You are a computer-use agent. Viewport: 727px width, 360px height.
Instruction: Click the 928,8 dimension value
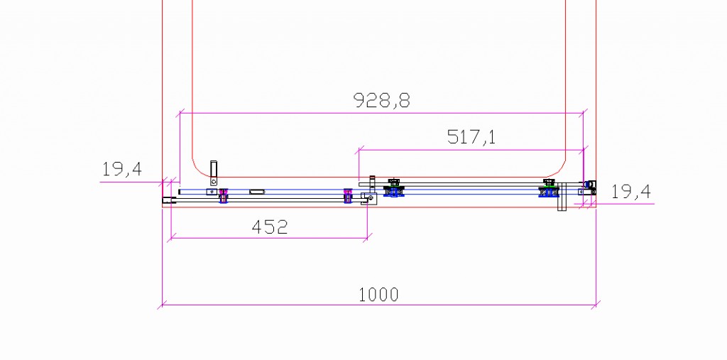[x=381, y=99]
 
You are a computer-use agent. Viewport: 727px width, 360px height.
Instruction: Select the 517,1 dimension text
[x=471, y=137]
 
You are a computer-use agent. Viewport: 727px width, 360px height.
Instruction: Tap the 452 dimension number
[x=269, y=227]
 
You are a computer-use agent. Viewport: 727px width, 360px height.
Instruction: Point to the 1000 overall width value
[x=378, y=295]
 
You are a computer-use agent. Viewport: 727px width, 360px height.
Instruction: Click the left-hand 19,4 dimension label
[x=122, y=169]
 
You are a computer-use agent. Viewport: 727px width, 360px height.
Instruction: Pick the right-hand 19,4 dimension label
[x=631, y=191]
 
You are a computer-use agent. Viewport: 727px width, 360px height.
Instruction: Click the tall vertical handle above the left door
[x=213, y=173]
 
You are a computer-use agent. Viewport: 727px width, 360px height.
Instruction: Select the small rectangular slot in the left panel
[x=257, y=192]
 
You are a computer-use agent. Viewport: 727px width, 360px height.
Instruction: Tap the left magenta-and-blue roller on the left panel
[x=224, y=195]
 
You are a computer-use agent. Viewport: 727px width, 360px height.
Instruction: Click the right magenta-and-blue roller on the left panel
[x=348, y=195]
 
